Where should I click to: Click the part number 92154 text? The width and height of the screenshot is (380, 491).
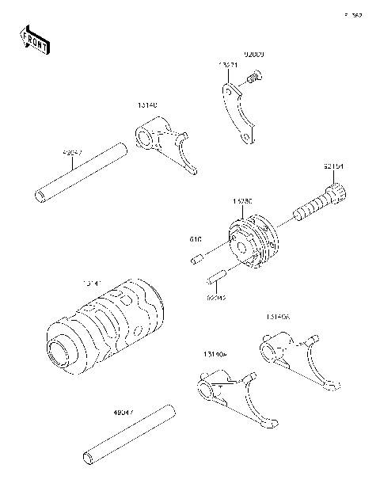tap(334, 166)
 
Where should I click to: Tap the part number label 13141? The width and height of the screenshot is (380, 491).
tap(93, 282)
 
